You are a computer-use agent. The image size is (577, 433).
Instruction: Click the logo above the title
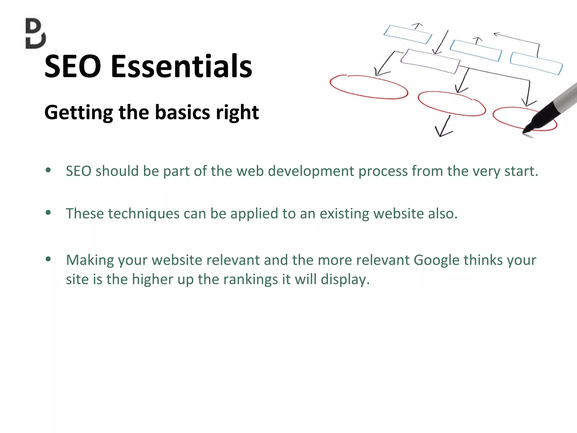(x=35, y=33)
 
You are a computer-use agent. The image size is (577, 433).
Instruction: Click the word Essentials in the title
(x=181, y=67)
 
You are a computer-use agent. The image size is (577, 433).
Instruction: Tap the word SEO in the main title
(x=73, y=67)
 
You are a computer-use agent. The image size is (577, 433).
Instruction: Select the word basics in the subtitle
(x=183, y=112)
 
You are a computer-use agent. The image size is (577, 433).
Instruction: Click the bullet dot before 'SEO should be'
(x=48, y=170)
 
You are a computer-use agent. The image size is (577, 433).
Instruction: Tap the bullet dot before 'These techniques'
(x=48, y=213)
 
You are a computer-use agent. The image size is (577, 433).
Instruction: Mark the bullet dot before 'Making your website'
(x=48, y=259)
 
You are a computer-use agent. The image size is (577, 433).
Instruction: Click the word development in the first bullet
(x=311, y=171)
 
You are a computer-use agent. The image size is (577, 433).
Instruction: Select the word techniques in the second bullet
(x=144, y=214)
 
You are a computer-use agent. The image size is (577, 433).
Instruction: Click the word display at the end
(x=345, y=279)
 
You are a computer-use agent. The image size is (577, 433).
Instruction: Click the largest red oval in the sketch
(x=369, y=87)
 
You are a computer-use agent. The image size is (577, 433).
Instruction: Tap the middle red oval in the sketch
(x=451, y=103)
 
